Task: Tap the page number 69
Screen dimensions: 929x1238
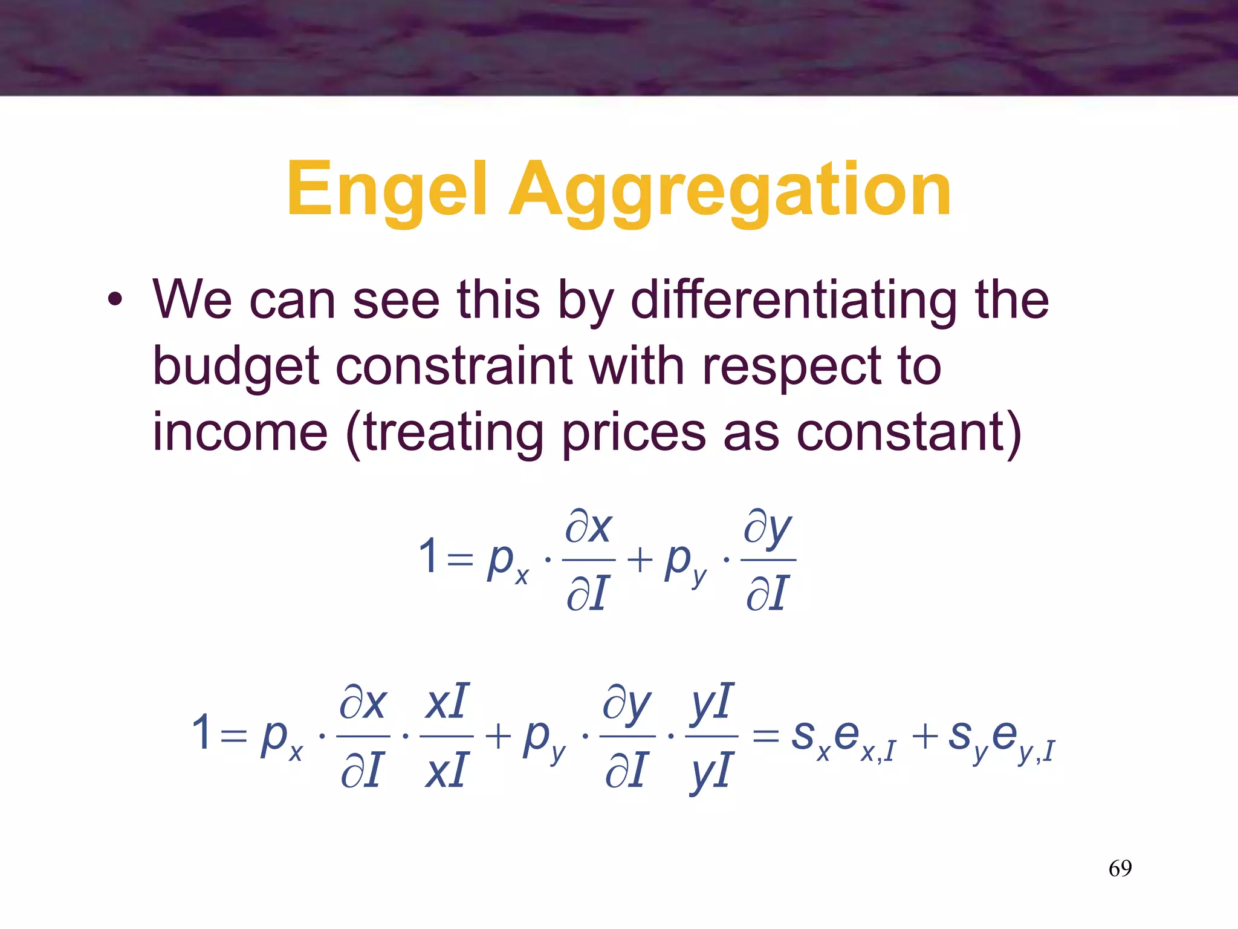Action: click(x=1120, y=869)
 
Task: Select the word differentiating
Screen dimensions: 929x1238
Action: click(x=794, y=301)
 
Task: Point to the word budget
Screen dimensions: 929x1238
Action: click(x=236, y=367)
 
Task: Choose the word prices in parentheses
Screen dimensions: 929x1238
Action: click(x=634, y=434)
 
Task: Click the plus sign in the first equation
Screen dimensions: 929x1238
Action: click(x=639, y=559)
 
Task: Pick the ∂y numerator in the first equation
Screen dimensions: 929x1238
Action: click(x=766, y=528)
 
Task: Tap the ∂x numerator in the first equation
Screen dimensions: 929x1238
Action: click(x=588, y=527)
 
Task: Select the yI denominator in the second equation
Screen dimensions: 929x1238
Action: click(x=711, y=772)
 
